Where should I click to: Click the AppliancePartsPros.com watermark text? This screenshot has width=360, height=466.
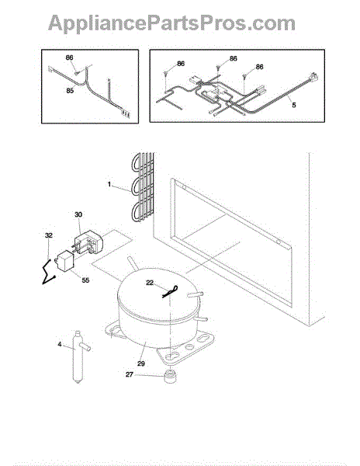click(171, 23)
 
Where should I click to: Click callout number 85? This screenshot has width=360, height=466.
click(70, 90)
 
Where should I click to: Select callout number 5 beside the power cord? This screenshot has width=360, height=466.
click(294, 105)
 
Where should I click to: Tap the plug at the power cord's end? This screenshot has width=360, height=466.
click(314, 78)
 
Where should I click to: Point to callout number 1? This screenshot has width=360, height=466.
click(109, 185)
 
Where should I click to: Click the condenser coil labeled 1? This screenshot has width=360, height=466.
click(143, 187)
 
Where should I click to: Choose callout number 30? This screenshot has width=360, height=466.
click(78, 214)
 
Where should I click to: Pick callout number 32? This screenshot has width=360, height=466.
click(49, 235)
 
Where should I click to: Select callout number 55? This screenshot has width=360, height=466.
click(85, 280)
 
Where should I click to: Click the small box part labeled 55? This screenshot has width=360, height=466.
click(64, 261)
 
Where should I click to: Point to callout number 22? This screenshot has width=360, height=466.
click(150, 283)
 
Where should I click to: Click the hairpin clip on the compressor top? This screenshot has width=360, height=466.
click(171, 291)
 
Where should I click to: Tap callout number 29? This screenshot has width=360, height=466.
click(141, 363)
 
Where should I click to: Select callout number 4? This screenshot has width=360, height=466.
click(60, 344)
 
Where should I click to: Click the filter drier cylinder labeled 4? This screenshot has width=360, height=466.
click(79, 356)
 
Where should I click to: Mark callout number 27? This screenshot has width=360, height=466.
click(129, 374)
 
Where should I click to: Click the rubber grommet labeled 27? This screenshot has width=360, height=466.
click(170, 376)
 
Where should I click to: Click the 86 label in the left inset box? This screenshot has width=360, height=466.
click(69, 57)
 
